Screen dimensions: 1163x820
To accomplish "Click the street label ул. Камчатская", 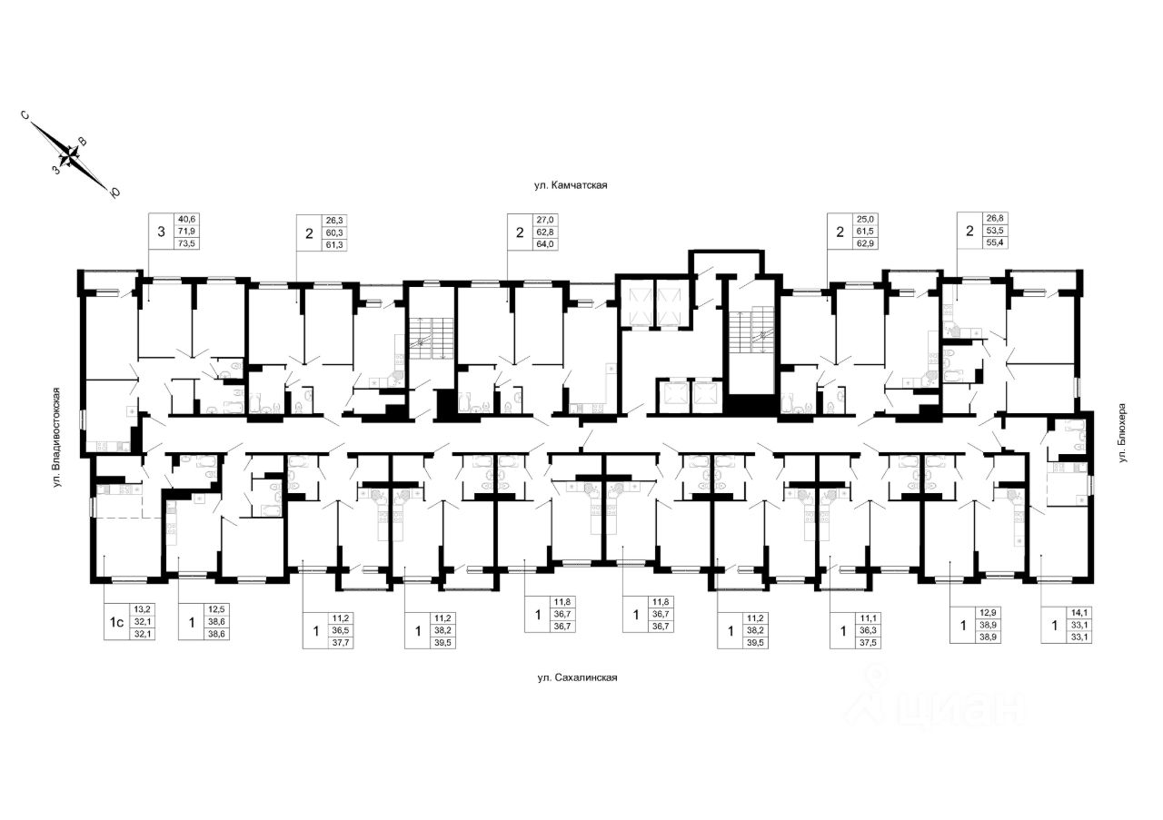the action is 570,185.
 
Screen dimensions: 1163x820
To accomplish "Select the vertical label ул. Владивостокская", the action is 56,436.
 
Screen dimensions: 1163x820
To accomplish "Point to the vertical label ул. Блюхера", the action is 1122,434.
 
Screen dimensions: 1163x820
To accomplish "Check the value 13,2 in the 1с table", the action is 142,609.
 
